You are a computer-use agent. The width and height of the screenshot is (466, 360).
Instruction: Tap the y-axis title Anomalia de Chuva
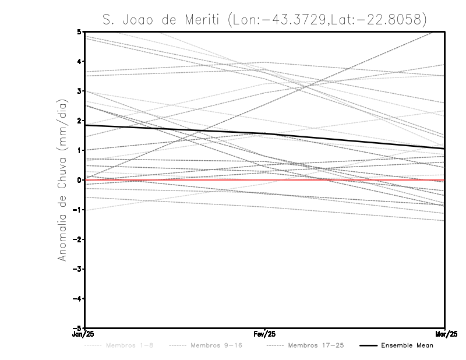pyautogui.click(x=62, y=180)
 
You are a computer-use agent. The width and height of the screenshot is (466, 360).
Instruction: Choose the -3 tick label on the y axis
pyautogui.click(x=77, y=269)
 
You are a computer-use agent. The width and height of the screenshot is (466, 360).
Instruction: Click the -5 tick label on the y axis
pyautogui.click(x=77, y=329)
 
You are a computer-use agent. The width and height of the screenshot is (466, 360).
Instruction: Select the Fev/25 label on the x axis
pyautogui.click(x=265, y=334)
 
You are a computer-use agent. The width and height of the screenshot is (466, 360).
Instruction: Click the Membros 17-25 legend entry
pyautogui.click(x=316, y=345)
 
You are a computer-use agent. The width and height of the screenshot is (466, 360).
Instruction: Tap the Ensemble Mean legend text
pyautogui.click(x=407, y=345)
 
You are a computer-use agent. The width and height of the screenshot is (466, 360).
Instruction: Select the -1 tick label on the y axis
pyautogui.click(x=77, y=210)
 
